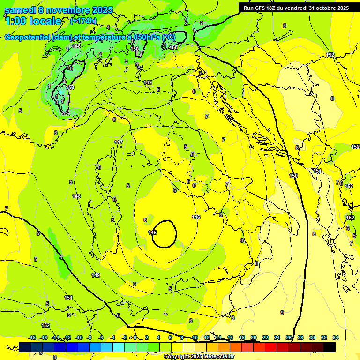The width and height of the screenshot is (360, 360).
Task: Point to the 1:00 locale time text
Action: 33,21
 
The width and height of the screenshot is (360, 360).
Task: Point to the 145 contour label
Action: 152,232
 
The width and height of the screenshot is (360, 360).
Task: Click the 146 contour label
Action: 196,217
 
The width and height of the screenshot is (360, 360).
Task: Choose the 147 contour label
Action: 119,142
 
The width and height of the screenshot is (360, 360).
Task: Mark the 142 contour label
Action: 330,55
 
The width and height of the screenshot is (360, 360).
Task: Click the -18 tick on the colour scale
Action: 32,337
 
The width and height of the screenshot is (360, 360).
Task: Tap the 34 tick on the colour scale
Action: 335,337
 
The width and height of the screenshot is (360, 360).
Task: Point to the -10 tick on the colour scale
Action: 79,337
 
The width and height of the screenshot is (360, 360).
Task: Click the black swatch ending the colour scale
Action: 330,347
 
